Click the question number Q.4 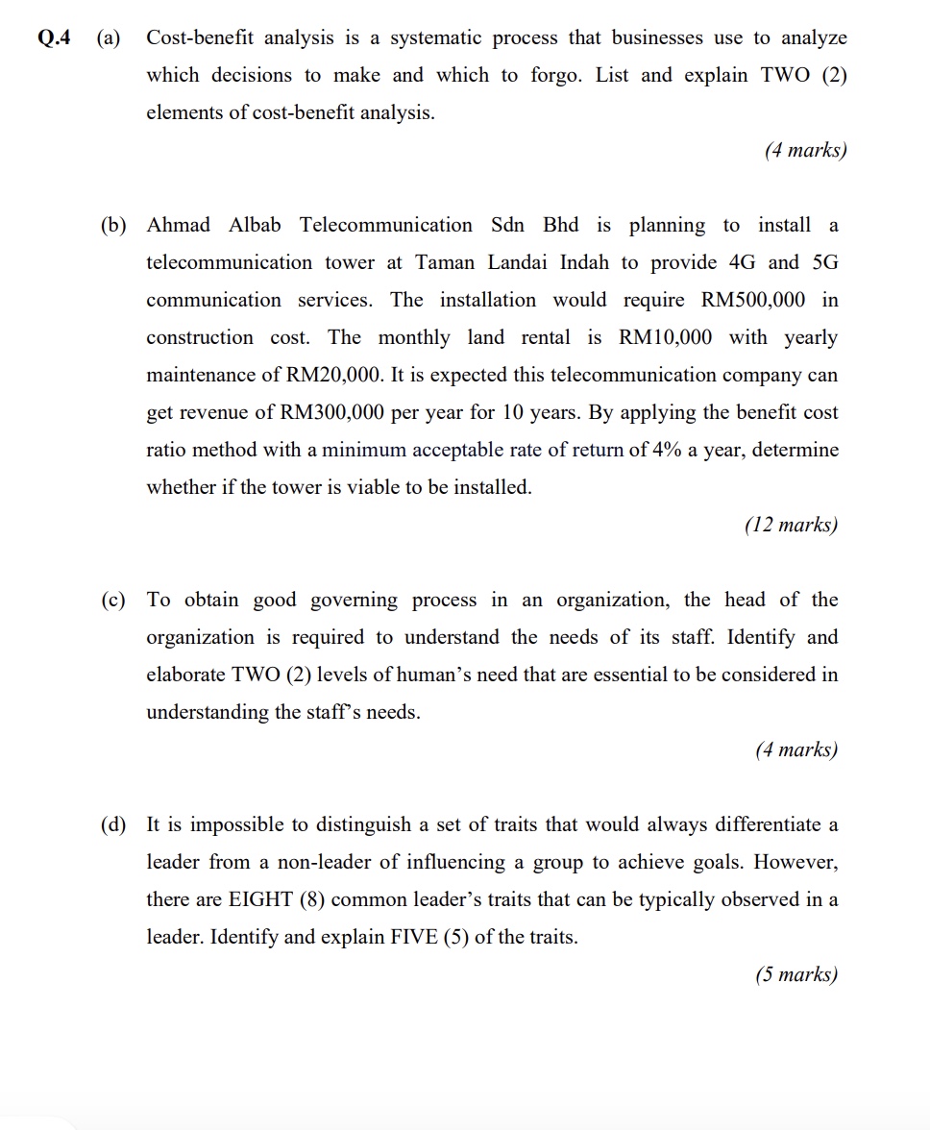pyautogui.click(x=55, y=38)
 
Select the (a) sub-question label pyautogui.click(x=108, y=38)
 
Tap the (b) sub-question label pyautogui.click(x=113, y=226)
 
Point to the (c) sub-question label pyautogui.click(x=113, y=601)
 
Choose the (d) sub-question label pyautogui.click(x=113, y=825)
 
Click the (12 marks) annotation pyautogui.click(x=791, y=525)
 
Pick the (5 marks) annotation pyautogui.click(x=795, y=974)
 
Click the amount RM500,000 pyautogui.click(x=753, y=300)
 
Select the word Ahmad pyautogui.click(x=178, y=225)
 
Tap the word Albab pyautogui.click(x=256, y=225)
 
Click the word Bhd pyautogui.click(x=561, y=225)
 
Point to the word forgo pyautogui.click(x=556, y=76)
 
